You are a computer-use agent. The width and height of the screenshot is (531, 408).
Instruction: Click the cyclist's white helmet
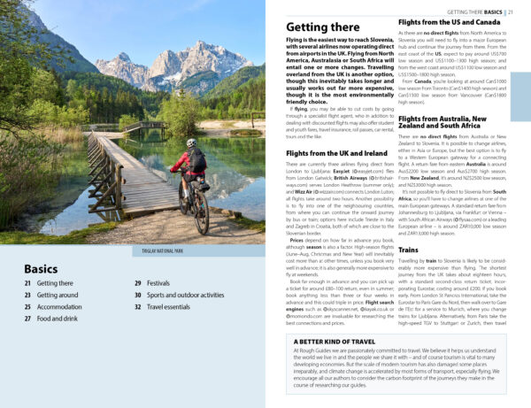tap(191, 142)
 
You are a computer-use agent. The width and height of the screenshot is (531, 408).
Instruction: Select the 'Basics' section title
tap(42, 269)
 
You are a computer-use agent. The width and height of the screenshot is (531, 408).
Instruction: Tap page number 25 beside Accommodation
tap(27, 306)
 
